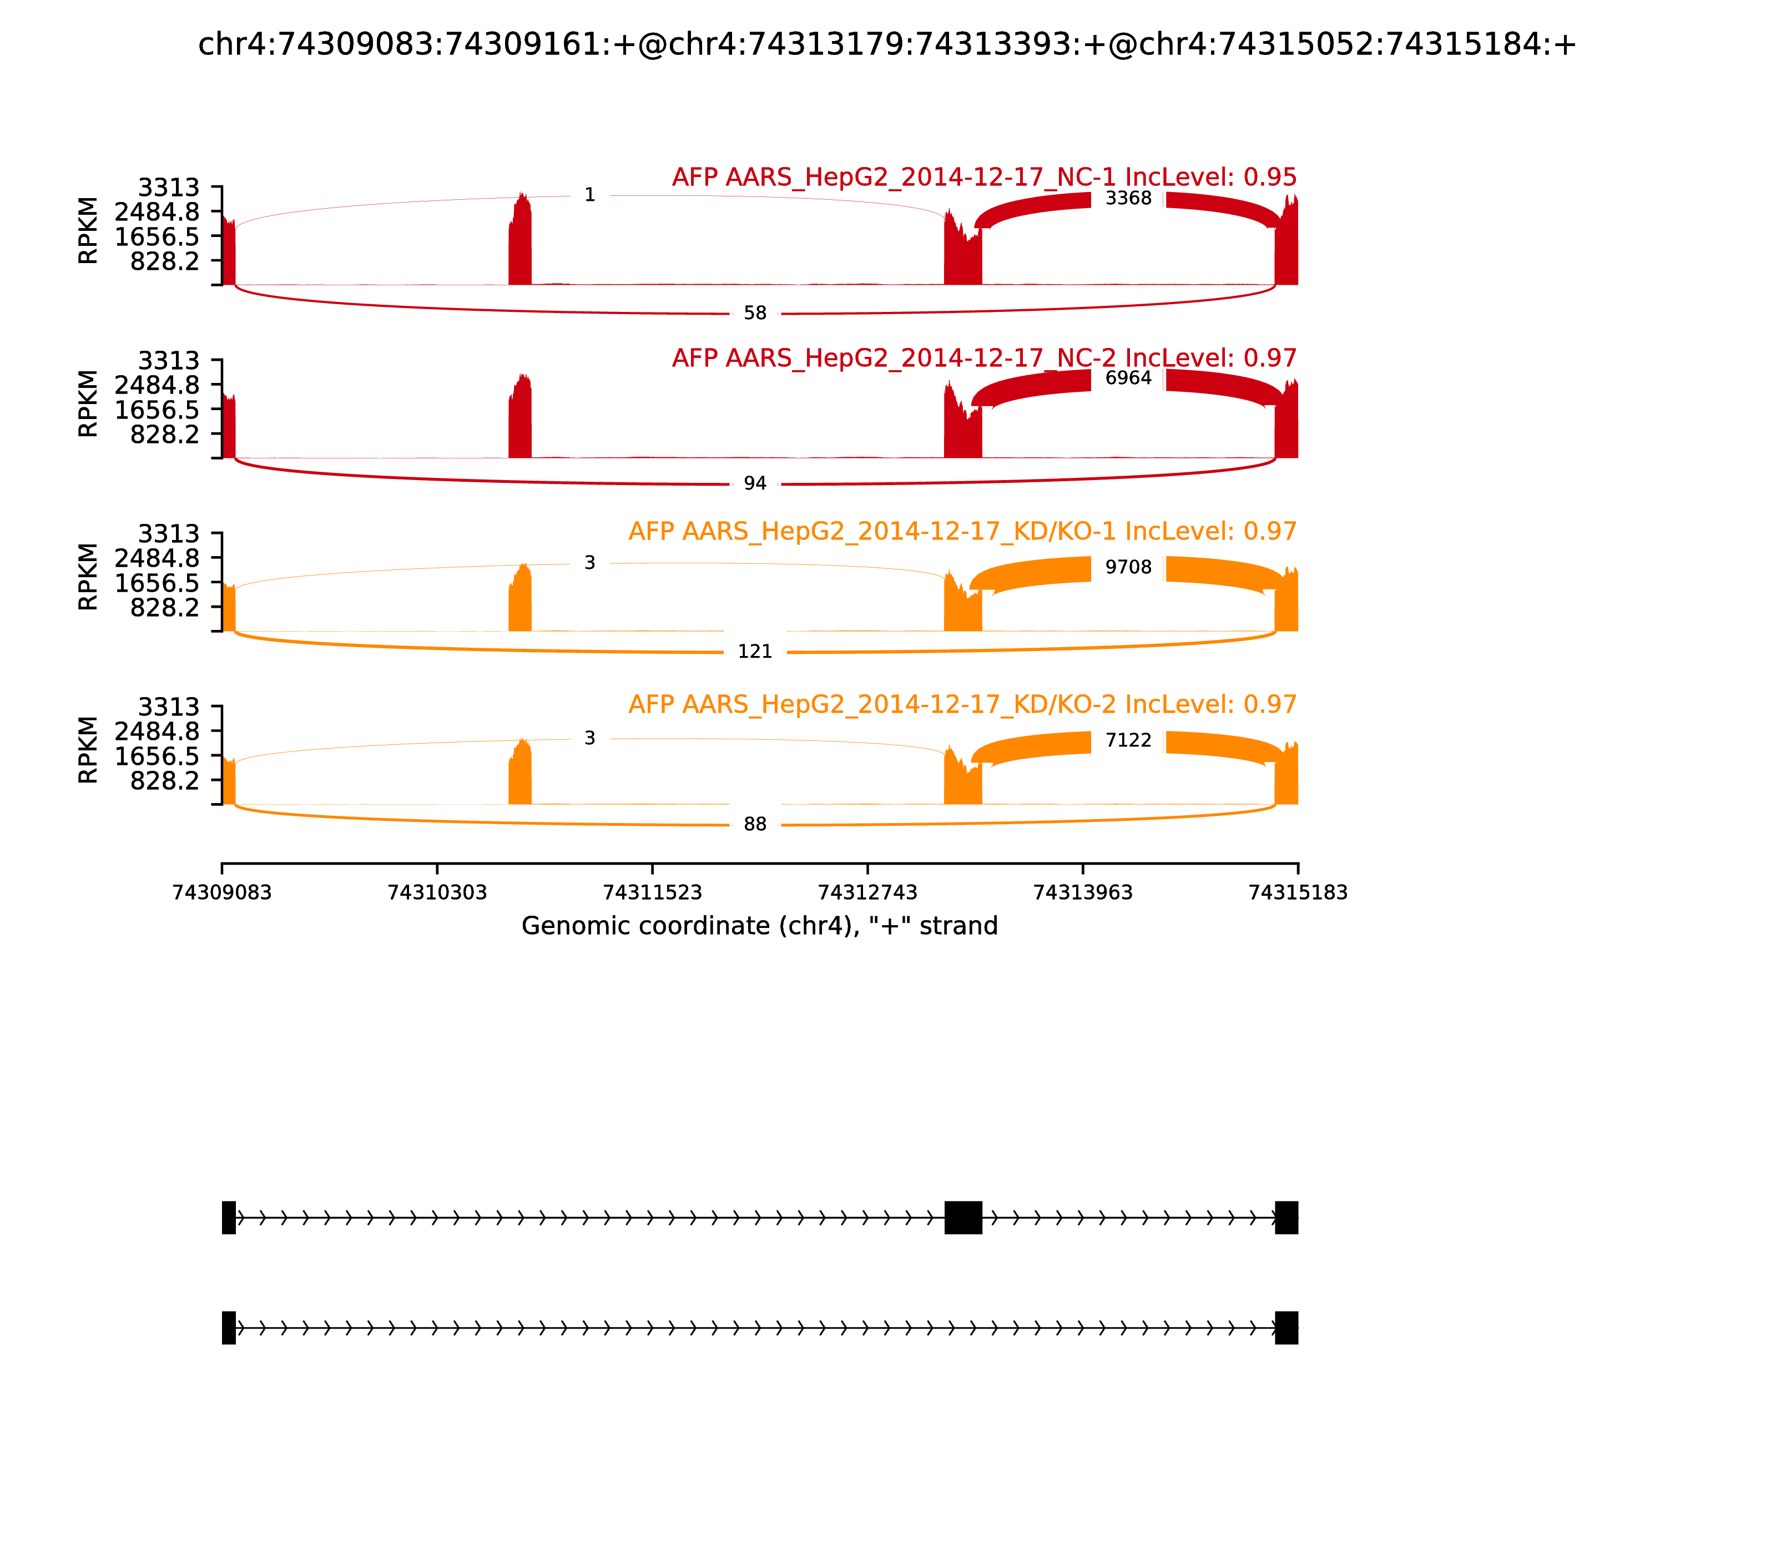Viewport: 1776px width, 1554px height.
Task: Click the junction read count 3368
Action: [x=1128, y=199]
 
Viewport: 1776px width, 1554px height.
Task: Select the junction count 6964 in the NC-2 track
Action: [x=1128, y=378]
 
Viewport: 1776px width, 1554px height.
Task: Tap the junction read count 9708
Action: [x=1128, y=567]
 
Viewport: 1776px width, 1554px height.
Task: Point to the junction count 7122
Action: [x=1128, y=740]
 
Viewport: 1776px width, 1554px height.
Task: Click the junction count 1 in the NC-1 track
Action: [x=589, y=195]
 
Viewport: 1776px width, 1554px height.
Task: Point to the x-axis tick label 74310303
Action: [x=437, y=892]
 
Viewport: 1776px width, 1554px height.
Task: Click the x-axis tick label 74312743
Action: [x=867, y=892]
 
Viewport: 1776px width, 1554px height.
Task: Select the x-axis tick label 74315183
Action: [x=1298, y=892]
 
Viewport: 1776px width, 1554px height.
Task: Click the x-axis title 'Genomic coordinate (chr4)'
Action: [x=760, y=926]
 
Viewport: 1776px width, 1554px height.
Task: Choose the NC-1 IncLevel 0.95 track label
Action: [x=984, y=177]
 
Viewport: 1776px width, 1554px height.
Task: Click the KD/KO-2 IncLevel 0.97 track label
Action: [x=962, y=704]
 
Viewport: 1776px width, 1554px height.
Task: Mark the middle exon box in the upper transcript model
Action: [x=962, y=1218]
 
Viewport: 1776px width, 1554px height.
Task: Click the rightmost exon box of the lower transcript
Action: [x=1286, y=1328]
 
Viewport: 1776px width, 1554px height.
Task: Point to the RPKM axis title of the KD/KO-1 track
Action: [x=88, y=577]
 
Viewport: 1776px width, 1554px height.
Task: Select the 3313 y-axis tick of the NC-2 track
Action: [x=169, y=361]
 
